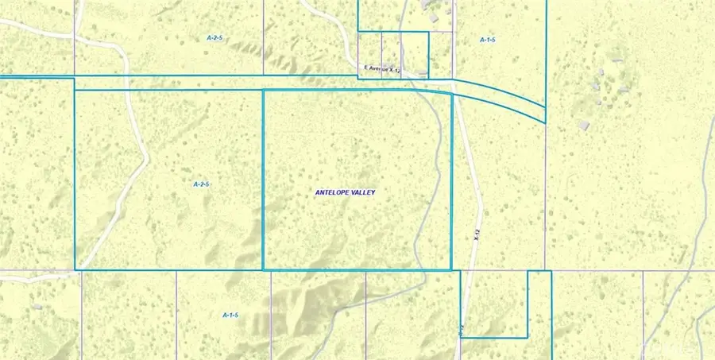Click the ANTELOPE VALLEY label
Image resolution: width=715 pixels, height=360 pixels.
(x=345, y=192)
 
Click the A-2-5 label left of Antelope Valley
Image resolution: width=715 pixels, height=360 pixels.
(x=201, y=184)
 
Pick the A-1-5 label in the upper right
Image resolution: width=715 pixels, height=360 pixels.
(x=488, y=39)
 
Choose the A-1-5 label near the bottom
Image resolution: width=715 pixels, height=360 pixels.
(x=230, y=315)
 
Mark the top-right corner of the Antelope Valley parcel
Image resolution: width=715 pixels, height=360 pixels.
(x=451, y=93)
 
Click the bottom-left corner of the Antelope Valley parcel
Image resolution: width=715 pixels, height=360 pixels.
(x=263, y=269)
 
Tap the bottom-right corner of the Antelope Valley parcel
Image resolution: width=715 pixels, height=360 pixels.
(x=451, y=269)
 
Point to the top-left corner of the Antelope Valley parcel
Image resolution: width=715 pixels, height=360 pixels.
(x=263, y=91)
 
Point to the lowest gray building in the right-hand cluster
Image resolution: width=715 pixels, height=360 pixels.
(x=585, y=124)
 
